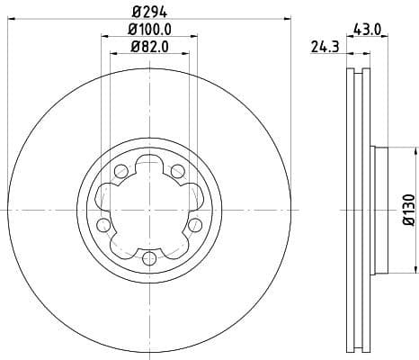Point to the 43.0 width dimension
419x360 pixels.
(x=369, y=30)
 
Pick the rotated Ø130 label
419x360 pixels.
(x=408, y=210)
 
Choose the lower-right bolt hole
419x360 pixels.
(x=194, y=223)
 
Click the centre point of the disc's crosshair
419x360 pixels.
(x=148, y=209)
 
